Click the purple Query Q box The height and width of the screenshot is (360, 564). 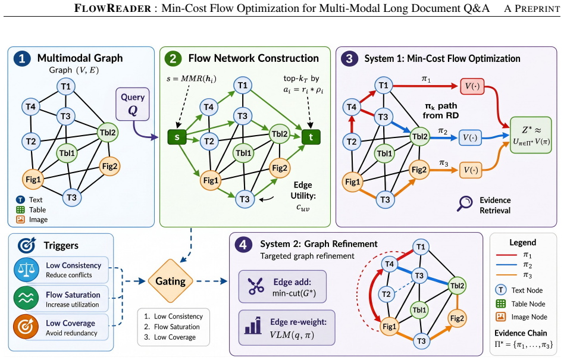coord(132,104)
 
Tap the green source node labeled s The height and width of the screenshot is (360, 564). coord(177,137)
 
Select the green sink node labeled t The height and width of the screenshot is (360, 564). coord(311,137)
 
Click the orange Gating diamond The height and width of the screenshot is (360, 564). coord(171,281)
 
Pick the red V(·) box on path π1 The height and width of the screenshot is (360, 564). coord(472,86)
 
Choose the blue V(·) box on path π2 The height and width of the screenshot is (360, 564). coord(470,137)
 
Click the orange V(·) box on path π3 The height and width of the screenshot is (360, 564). coord(471,170)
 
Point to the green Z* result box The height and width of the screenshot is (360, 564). coord(531,135)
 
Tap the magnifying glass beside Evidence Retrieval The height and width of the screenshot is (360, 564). coord(465,204)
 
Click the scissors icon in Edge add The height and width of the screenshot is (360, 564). coord(256,287)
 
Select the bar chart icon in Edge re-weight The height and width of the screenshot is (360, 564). coord(253,325)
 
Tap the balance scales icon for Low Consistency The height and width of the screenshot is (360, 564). coord(26,270)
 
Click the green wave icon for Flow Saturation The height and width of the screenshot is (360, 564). coord(26,299)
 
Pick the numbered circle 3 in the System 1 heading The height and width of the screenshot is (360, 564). coord(349,59)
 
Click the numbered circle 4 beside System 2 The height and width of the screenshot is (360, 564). coord(243,245)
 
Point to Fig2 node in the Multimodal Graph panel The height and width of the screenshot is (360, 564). coord(109,166)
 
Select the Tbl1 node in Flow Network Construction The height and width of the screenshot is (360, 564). coord(243,153)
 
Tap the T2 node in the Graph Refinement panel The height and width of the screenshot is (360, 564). coord(386,294)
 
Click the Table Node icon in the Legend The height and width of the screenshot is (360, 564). coord(501,303)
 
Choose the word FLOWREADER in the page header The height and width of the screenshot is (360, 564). coord(112,8)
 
